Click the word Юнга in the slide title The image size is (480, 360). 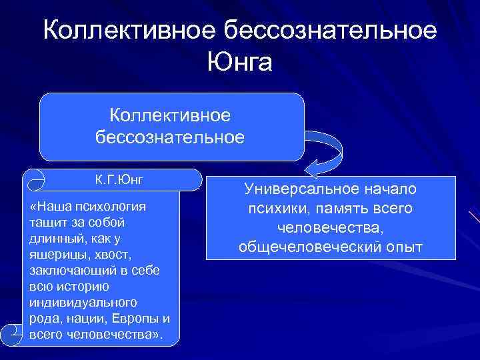point(240,64)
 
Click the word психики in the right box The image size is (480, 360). point(274,209)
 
